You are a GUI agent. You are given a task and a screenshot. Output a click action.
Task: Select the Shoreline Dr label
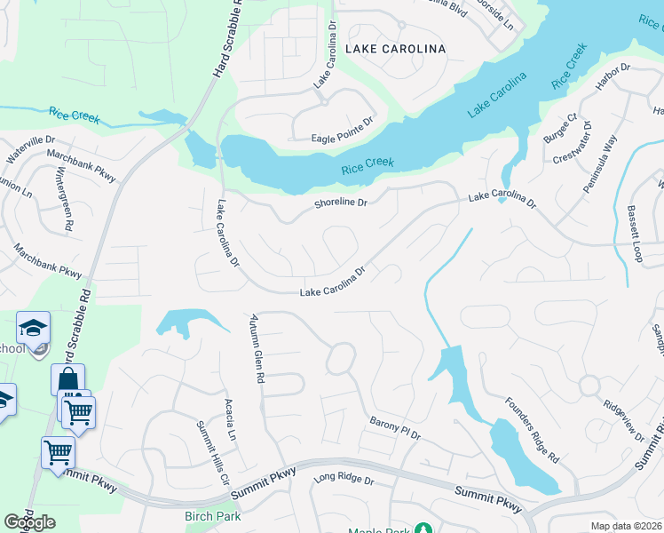pos(341,203)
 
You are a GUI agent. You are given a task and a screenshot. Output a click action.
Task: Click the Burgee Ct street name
pos(560,130)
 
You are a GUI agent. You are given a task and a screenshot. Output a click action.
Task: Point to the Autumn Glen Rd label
pos(257,347)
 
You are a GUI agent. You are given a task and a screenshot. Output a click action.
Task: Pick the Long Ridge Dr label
pos(344,480)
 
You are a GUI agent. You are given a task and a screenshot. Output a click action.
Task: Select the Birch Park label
pos(212,516)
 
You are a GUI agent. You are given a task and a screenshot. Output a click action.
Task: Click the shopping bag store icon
pos(67,380)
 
